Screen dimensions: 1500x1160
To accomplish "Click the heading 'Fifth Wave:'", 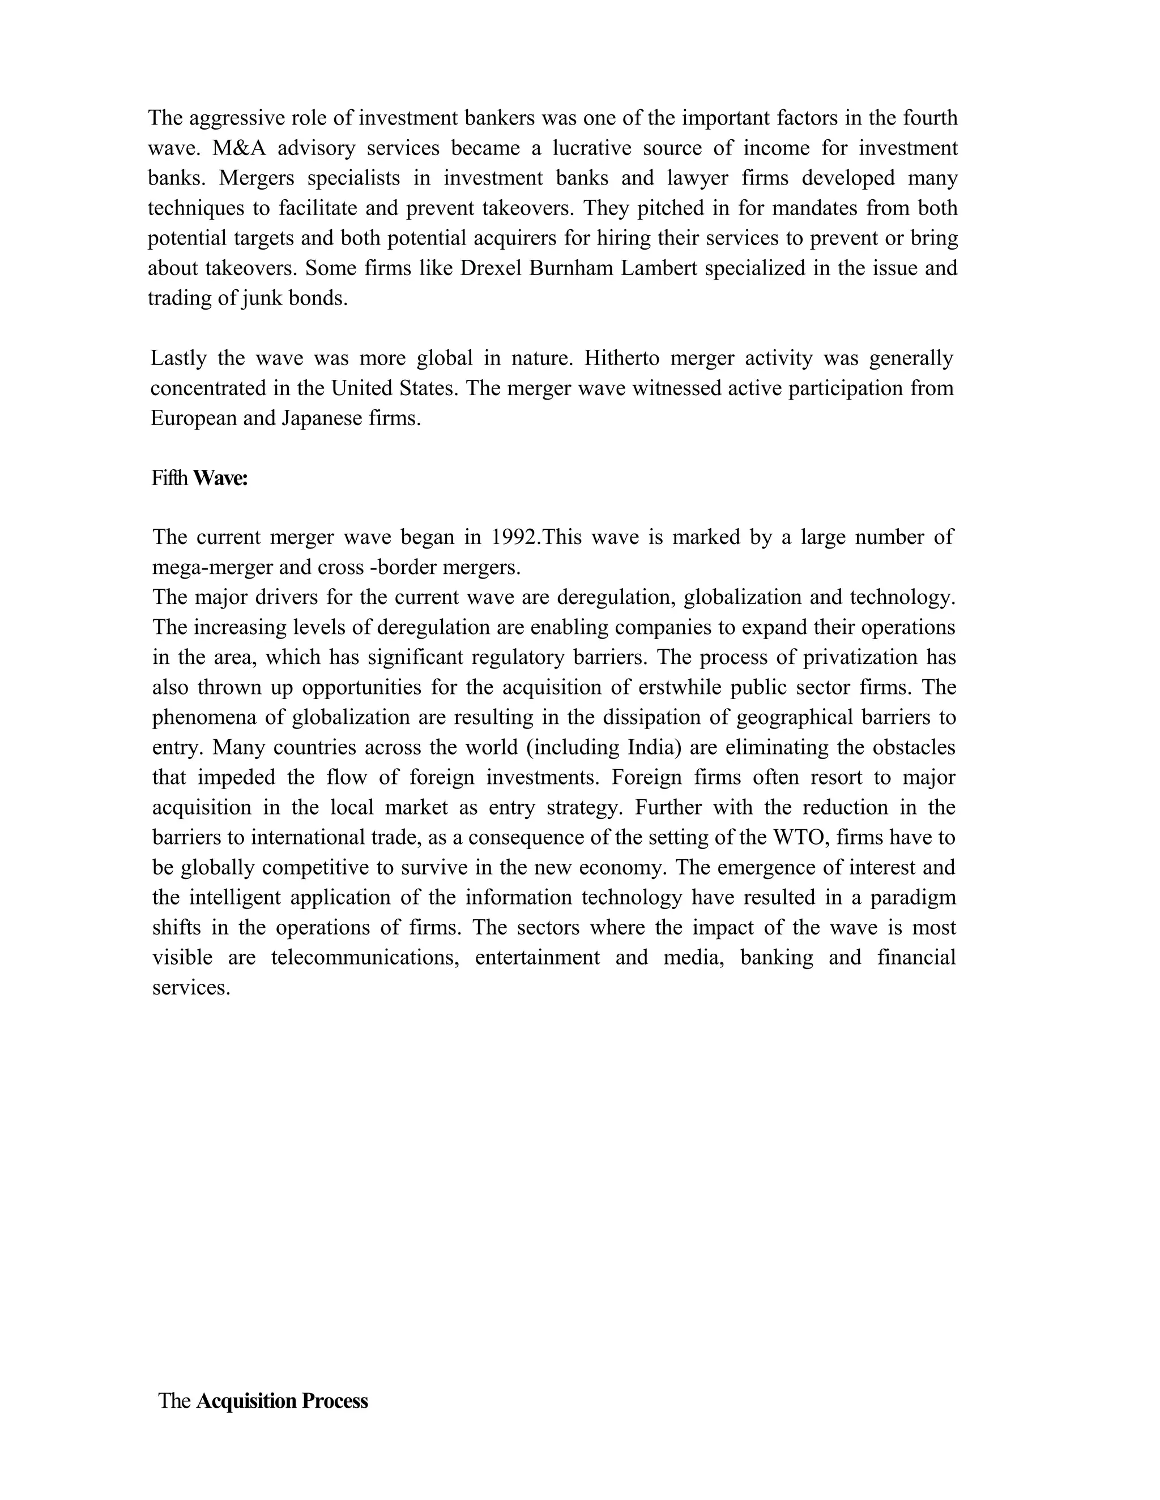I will click(199, 478).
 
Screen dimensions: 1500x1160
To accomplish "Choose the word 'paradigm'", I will click(915, 897).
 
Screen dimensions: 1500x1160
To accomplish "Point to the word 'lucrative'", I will click(592, 148).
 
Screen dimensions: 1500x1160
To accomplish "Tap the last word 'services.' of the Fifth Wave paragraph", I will click(190, 987).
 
